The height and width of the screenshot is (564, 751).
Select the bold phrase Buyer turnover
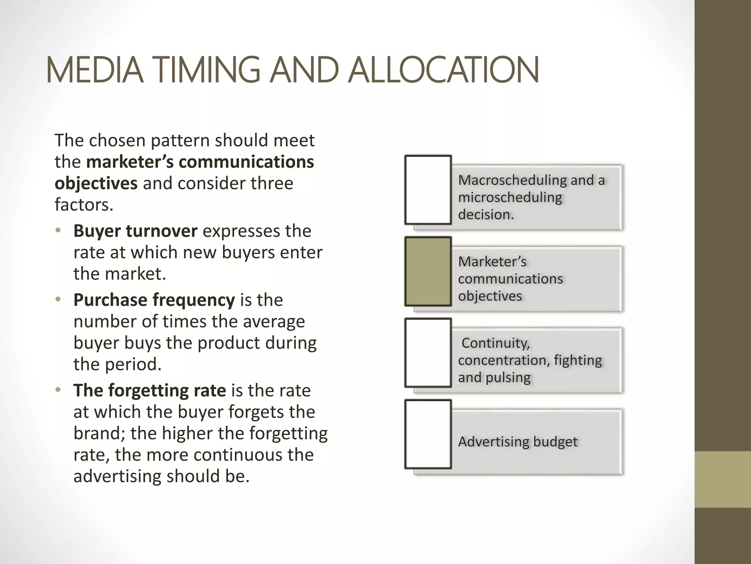click(135, 231)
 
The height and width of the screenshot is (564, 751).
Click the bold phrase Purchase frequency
click(154, 300)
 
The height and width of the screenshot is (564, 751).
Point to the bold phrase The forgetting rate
click(150, 390)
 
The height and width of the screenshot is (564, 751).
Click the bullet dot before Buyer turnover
click(58, 231)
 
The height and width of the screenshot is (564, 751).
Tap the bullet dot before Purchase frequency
click(58, 300)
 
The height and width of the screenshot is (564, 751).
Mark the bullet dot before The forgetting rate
click(58, 390)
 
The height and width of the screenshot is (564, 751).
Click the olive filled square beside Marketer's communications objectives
click(428, 271)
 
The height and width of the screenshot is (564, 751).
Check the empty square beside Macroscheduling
click(428, 190)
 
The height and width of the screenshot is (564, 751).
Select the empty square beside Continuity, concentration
click(428, 353)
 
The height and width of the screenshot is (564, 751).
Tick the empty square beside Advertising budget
click(428, 434)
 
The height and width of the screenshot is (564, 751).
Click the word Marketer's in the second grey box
click(492, 262)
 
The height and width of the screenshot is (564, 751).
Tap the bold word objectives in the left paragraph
click(96, 183)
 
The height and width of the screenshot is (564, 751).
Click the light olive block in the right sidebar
click(722, 479)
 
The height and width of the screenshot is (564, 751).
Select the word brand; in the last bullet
click(99, 433)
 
